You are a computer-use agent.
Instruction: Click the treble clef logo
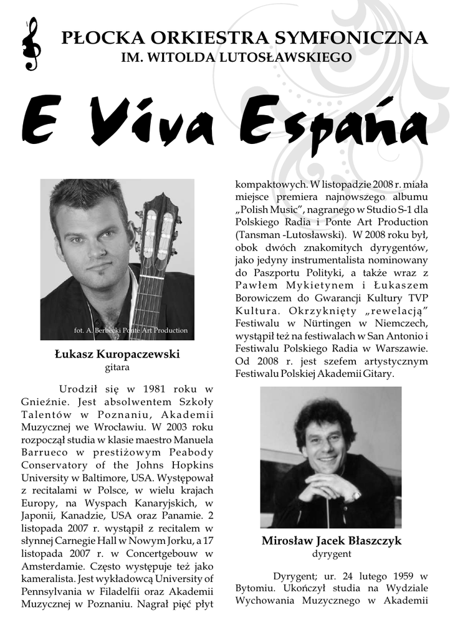pos(30,44)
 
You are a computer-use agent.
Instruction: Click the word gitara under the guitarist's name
pos(117,368)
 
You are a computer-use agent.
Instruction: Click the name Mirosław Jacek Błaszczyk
pos(331,541)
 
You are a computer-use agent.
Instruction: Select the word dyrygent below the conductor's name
pos(331,553)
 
